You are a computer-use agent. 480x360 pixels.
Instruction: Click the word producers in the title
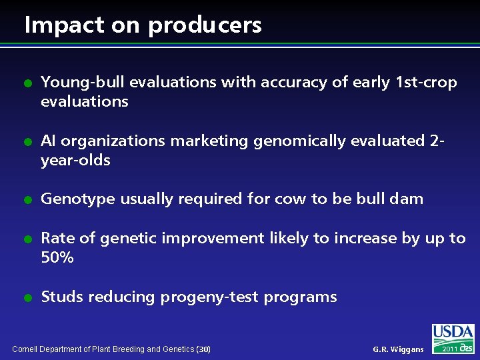pos(205,26)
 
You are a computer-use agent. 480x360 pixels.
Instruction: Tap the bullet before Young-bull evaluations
pos(27,84)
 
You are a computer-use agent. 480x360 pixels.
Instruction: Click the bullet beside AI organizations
pos(27,143)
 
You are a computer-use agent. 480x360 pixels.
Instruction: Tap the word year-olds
pos(75,161)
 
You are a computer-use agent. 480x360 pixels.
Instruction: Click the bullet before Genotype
pos(27,201)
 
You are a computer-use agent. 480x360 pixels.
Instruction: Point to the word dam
pos(406,199)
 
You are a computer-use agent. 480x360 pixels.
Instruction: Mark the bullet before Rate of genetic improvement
pos(27,240)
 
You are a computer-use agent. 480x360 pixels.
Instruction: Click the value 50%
pos(57,258)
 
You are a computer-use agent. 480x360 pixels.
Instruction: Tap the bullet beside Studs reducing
pos(27,299)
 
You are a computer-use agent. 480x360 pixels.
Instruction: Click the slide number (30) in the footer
pos(204,349)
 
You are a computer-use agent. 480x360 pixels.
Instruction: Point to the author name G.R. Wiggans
pos(397,349)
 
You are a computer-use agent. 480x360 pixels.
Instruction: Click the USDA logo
pos(453,338)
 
